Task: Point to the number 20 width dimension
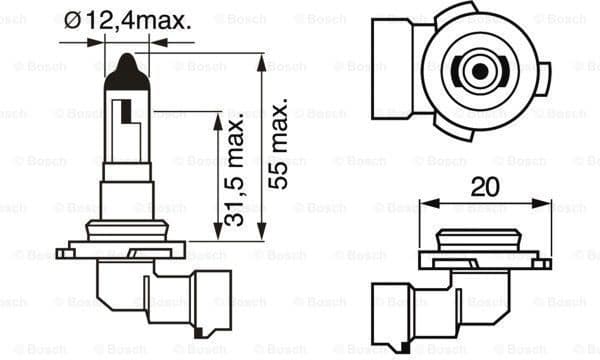(x=486, y=187)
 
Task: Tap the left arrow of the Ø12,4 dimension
(x=100, y=41)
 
